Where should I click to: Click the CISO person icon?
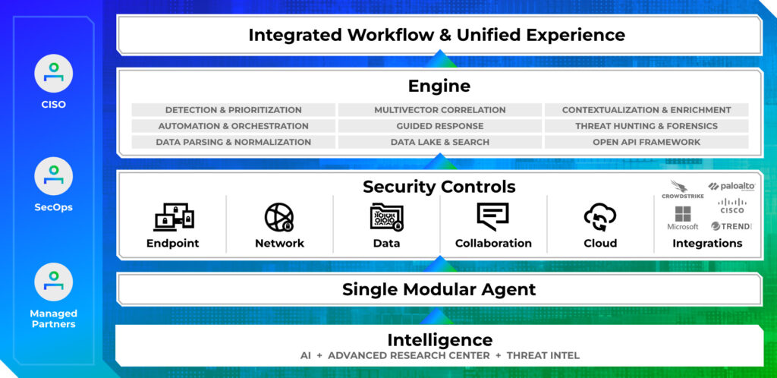coord(53,74)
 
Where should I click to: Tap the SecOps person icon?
coord(53,176)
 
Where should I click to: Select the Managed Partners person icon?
coord(53,282)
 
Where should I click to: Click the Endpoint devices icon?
coord(173,217)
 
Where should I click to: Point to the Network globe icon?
coord(279,217)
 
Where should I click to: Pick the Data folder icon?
coord(387,217)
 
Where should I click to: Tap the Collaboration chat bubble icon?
coord(492,217)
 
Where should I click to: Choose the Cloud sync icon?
coord(600,218)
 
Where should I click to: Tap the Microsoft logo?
coord(683,219)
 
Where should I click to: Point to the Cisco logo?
coord(732,206)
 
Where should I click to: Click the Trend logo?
coord(731,226)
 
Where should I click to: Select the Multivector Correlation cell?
coord(439,110)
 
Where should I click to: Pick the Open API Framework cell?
coord(646,142)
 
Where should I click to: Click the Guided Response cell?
coord(439,126)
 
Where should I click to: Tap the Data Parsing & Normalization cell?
coord(233,142)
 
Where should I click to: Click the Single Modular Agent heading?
coord(439,289)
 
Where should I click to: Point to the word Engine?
coord(439,86)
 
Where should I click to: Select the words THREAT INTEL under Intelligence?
coord(543,355)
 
